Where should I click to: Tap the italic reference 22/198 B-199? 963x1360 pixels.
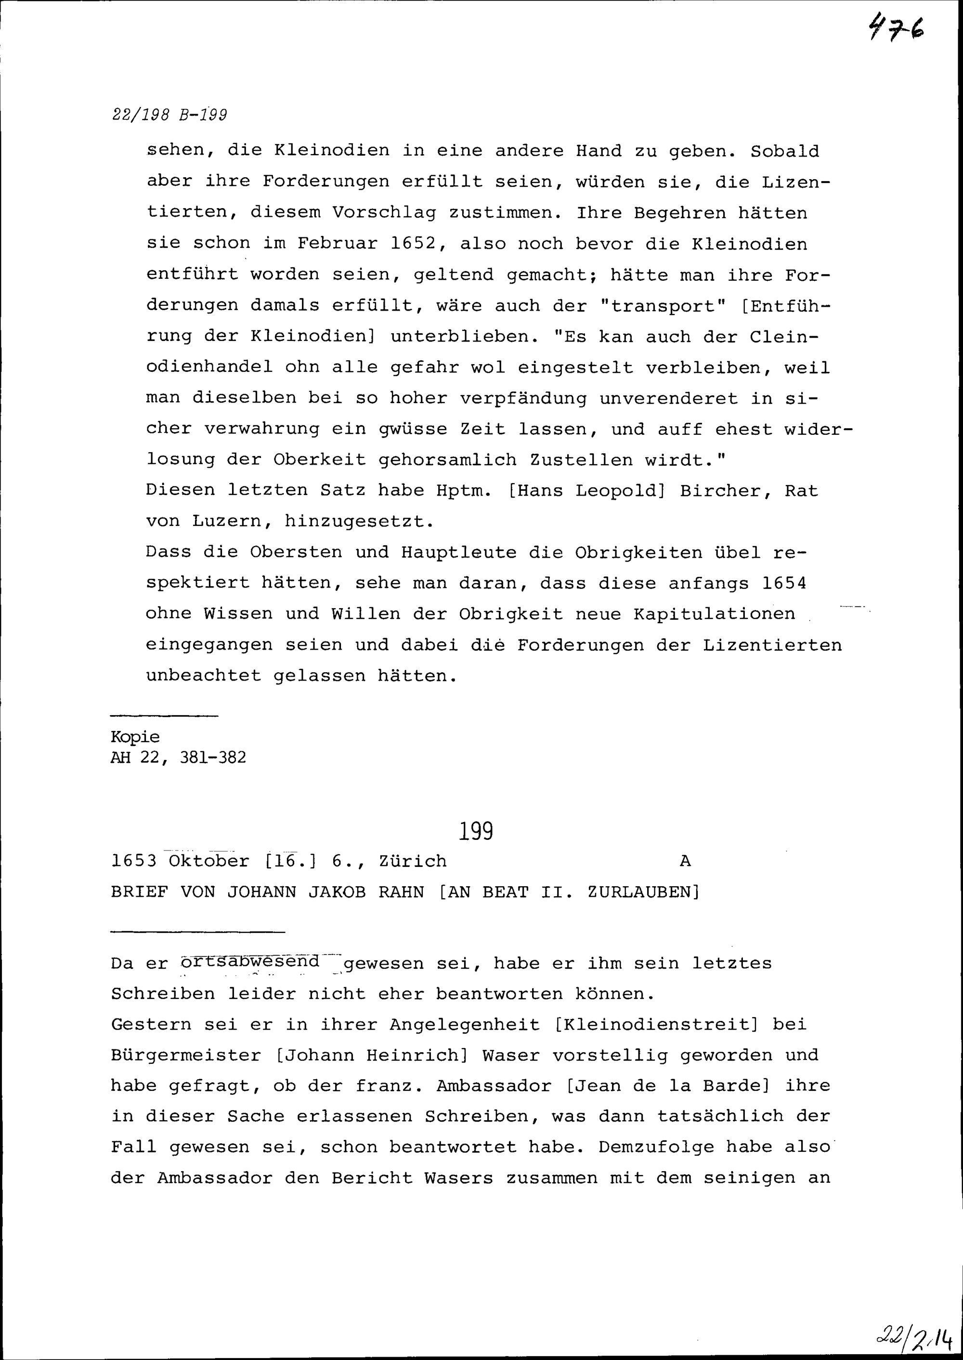(x=169, y=115)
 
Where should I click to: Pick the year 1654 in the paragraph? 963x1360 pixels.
(x=784, y=583)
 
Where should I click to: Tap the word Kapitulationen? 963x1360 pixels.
(x=714, y=614)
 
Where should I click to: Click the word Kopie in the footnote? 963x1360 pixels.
(x=135, y=737)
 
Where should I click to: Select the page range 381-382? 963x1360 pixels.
(x=212, y=758)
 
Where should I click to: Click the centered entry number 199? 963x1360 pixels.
(x=476, y=832)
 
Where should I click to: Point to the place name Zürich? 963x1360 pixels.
(x=413, y=861)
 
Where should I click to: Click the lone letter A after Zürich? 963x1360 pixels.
(x=685, y=861)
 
